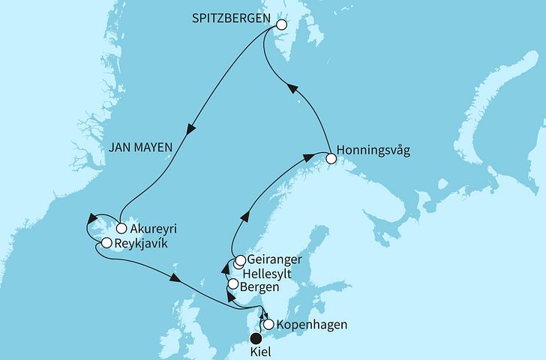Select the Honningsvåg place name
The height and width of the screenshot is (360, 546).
[373, 150]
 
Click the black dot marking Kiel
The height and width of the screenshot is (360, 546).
[257, 338]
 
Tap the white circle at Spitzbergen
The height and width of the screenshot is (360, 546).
[281, 25]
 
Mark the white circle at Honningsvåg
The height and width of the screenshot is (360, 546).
[330, 157]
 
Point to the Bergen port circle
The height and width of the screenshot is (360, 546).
[232, 284]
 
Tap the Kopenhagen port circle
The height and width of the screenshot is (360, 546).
[268, 325]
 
